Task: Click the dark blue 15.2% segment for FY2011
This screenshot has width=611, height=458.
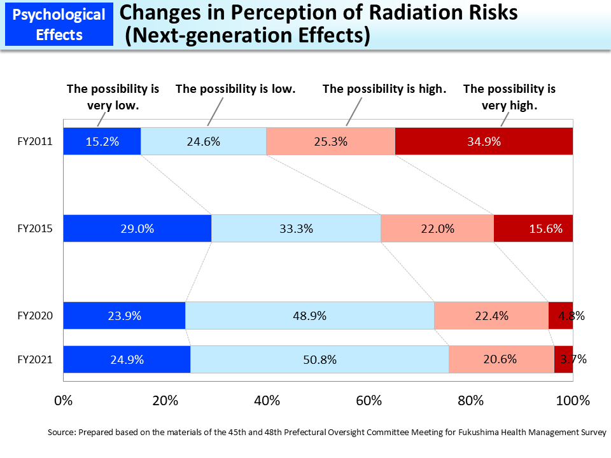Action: [x=102, y=141]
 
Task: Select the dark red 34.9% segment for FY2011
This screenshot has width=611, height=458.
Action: [x=484, y=141]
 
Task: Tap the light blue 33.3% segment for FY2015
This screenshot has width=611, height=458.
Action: [x=296, y=228]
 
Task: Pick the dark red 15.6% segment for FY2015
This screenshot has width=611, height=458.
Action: [x=533, y=228]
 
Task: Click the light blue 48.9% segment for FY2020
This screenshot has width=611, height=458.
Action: [x=309, y=316]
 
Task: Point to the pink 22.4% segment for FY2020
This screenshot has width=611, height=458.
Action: [x=491, y=316]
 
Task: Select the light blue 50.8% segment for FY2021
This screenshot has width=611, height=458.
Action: [x=320, y=359]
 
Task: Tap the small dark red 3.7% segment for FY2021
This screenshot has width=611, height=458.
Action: [x=563, y=359]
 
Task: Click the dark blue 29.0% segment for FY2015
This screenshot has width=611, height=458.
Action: [x=137, y=228]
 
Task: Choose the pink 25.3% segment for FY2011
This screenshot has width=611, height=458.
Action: [x=330, y=141]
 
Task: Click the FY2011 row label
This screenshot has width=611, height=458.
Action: [x=34, y=141]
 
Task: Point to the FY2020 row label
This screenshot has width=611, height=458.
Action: [x=34, y=316]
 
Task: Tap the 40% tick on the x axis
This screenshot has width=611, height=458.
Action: [x=267, y=401]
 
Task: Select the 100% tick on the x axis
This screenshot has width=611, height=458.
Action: [x=572, y=401]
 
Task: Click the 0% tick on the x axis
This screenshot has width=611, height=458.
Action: [x=64, y=401]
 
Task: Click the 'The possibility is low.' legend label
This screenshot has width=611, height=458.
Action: [x=235, y=89]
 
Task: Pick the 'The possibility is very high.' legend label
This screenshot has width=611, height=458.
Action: [x=509, y=97]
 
